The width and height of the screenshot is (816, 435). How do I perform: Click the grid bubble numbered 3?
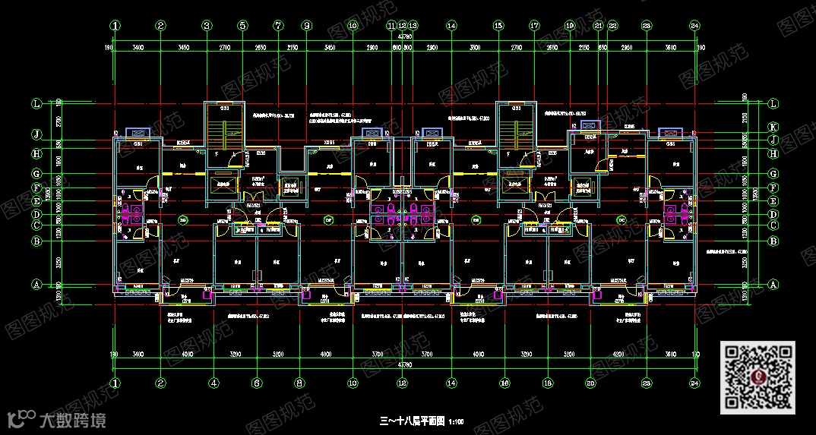click(x=207, y=25)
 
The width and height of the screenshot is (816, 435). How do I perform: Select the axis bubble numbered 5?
click(x=242, y=25)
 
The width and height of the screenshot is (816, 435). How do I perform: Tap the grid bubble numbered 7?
click(x=278, y=25)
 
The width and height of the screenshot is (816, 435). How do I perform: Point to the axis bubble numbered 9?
click(x=307, y=25)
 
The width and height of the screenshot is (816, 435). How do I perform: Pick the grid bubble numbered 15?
click(x=498, y=25)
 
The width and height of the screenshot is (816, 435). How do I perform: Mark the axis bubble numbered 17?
click(x=534, y=25)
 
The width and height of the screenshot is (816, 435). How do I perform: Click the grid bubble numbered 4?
click(x=214, y=383)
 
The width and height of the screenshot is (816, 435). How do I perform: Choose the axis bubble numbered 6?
click(x=257, y=383)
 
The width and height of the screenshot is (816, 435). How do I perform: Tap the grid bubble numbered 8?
click(x=300, y=383)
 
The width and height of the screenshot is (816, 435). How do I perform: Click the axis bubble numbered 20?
click(x=590, y=383)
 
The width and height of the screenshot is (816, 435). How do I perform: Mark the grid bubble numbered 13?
click(x=413, y=25)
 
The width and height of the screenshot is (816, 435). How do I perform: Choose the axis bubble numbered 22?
click(x=612, y=25)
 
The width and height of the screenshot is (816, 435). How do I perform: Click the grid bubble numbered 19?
click(x=570, y=25)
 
